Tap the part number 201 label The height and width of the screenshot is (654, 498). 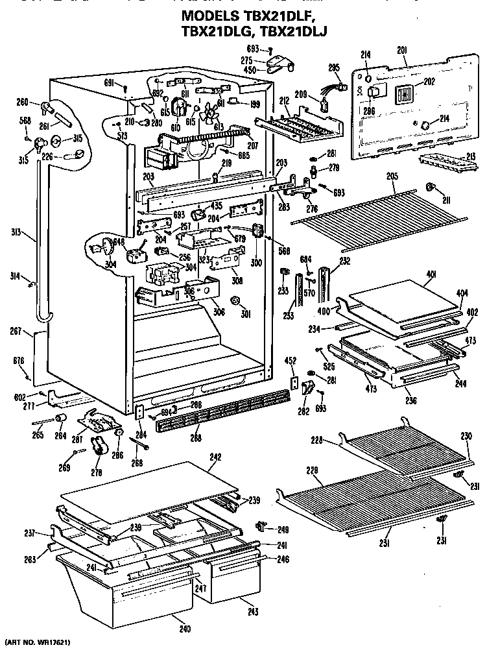click(401, 50)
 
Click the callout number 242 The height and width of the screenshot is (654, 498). click(215, 457)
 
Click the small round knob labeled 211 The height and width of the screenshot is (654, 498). click(429, 188)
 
